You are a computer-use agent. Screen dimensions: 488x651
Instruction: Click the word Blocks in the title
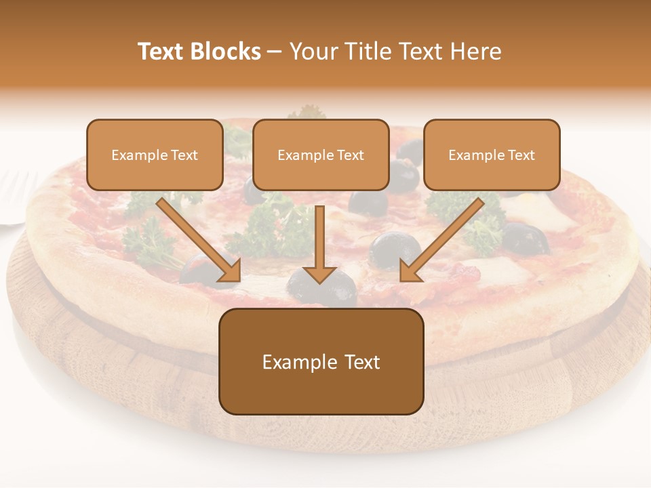pos(226,52)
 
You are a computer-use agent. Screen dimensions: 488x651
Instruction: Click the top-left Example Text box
pos(155,155)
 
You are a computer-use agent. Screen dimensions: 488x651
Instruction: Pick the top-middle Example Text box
pos(321,155)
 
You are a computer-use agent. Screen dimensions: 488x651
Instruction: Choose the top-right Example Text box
pos(492,155)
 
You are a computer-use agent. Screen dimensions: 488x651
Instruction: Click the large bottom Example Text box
pos(321,362)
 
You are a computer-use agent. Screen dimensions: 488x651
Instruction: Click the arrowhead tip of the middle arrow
pos(319,281)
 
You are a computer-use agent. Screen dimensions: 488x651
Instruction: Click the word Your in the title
pos(311,52)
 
